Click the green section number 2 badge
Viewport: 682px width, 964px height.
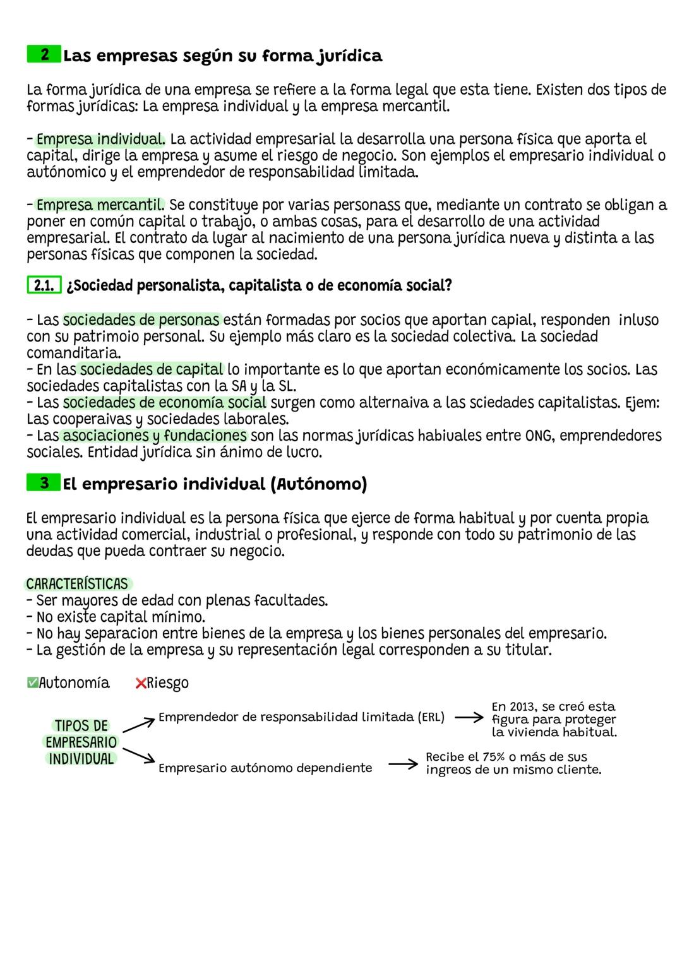[44, 55]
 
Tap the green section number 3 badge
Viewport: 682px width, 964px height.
[44, 483]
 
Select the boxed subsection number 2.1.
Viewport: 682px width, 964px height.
[44, 286]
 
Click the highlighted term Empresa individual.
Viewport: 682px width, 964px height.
[100, 139]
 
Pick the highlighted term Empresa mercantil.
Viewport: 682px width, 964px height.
[100, 205]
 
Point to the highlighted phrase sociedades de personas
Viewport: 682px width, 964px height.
[141, 319]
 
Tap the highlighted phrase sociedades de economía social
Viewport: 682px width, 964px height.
[164, 403]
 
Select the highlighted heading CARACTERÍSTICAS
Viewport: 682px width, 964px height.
[77, 584]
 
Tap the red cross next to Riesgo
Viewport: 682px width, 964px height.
[141, 683]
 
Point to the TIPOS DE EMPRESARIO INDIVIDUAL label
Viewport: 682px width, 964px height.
[81, 742]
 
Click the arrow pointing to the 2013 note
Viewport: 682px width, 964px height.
[469, 718]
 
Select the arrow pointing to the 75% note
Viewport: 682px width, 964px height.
[403, 765]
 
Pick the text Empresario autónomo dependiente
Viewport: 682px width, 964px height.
[265, 768]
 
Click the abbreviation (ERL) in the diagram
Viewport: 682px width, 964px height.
[432, 717]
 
